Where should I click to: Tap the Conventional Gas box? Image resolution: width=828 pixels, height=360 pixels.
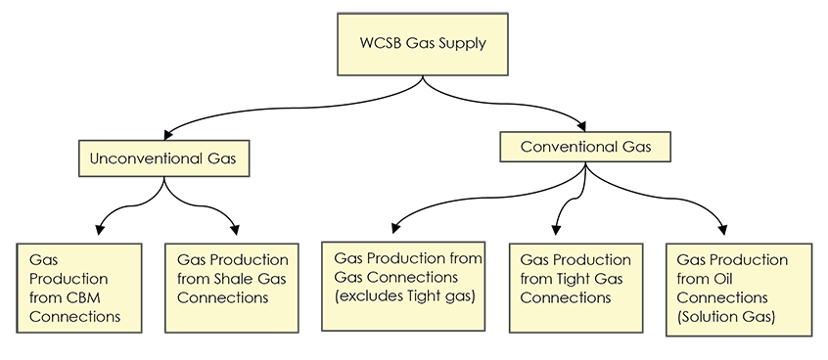[x=584, y=148]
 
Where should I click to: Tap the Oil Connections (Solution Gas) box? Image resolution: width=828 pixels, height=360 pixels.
[x=739, y=289]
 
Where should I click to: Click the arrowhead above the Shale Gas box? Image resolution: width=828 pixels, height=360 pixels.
[x=236, y=230]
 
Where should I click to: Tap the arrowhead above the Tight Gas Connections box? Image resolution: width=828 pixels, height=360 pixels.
[x=556, y=230]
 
